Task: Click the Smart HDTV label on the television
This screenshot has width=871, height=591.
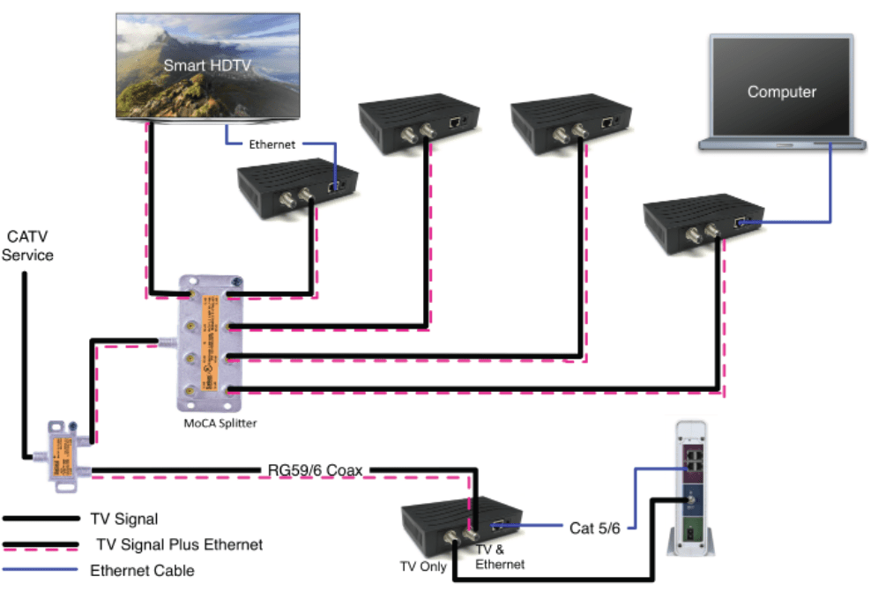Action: (x=208, y=64)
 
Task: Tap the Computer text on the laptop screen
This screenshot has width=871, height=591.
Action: (x=781, y=92)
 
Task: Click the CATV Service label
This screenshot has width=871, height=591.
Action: (x=29, y=246)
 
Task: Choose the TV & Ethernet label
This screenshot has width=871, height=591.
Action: (x=500, y=558)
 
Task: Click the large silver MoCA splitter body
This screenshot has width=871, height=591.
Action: (x=209, y=343)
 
